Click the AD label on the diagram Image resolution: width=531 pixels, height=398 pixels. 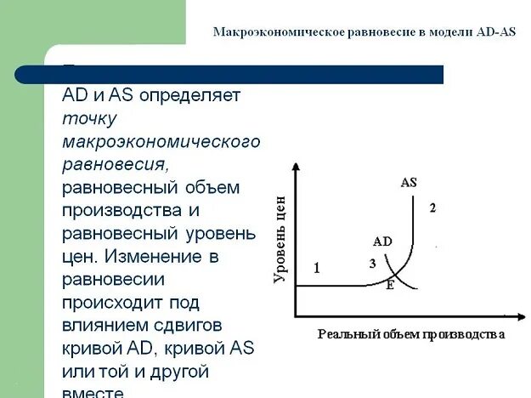[x=382, y=241]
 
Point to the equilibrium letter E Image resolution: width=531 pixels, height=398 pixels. [x=390, y=285]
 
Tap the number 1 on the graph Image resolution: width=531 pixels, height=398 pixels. [x=316, y=269]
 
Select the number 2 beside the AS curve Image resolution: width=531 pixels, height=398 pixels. [x=432, y=208]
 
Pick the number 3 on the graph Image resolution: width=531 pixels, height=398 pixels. [x=372, y=264]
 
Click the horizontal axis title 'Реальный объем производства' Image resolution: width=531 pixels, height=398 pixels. [x=411, y=334]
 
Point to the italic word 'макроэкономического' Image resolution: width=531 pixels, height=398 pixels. [x=161, y=140]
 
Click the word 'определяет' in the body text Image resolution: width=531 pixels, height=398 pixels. [x=201, y=95]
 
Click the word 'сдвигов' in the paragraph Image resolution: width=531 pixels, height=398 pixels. [x=193, y=324]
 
